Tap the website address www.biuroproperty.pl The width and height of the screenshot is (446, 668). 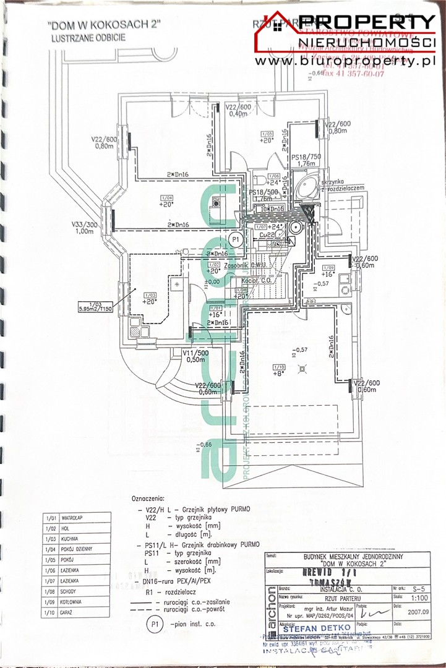click(344, 61)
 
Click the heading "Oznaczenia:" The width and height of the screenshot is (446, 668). click(148, 498)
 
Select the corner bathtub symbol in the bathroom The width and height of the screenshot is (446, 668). click(303, 186)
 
